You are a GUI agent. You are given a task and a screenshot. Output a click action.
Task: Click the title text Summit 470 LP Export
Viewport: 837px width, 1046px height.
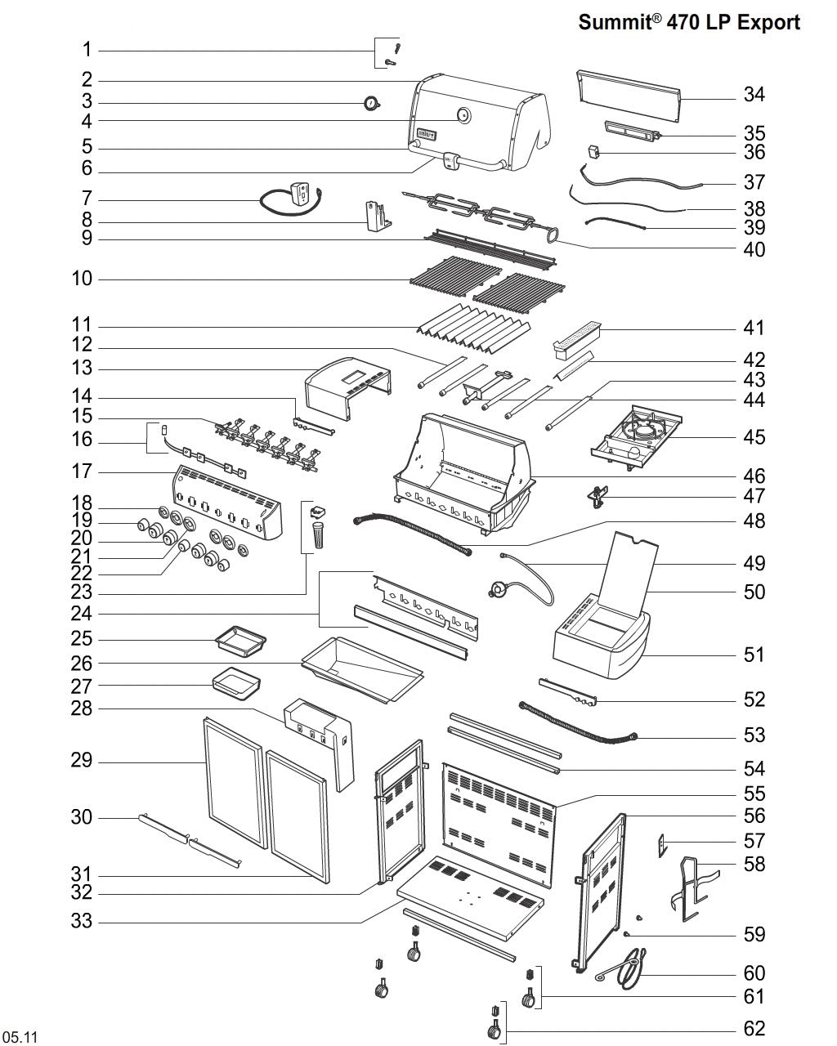pyautogui.click(x=689, y=22)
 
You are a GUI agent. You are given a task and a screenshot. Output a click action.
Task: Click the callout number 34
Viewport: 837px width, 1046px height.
pyautogui.click(x=754, y=95)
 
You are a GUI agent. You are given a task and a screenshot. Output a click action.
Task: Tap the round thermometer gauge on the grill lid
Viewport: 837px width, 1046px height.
pyautogui.click(x=463, y=116)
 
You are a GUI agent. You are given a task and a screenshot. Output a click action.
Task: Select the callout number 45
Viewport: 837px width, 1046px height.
pyautogui.click(x=754, y=437)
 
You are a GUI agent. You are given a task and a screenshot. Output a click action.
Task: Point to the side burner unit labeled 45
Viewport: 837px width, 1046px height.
pyautogui.click(x=638, y=436)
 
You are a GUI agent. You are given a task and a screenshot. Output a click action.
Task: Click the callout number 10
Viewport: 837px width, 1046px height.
pyautogui.click(x=82, y=279)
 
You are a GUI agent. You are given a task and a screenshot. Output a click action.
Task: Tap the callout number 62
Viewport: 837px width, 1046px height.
pyautogui.click(x=754, y=1028)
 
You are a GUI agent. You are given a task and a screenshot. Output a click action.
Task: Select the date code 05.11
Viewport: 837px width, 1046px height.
pyautogui.click(x=20, y=1038)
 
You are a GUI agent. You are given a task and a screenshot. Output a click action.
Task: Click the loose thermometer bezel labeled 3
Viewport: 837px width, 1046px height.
pyautogui.click(x=372, y=103)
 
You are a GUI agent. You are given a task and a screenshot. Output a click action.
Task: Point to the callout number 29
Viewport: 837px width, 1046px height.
pyautogui.click(x=82, y=762)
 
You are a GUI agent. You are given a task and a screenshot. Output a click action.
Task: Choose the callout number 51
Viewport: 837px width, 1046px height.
pyautogui.click(x=754, y=655)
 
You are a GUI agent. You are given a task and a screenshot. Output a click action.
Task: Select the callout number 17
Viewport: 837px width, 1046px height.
pyautogui.click(x=82, y=472)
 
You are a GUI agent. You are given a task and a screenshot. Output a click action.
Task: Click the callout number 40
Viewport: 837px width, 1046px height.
pyautogui.click(x=754, y=248)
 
